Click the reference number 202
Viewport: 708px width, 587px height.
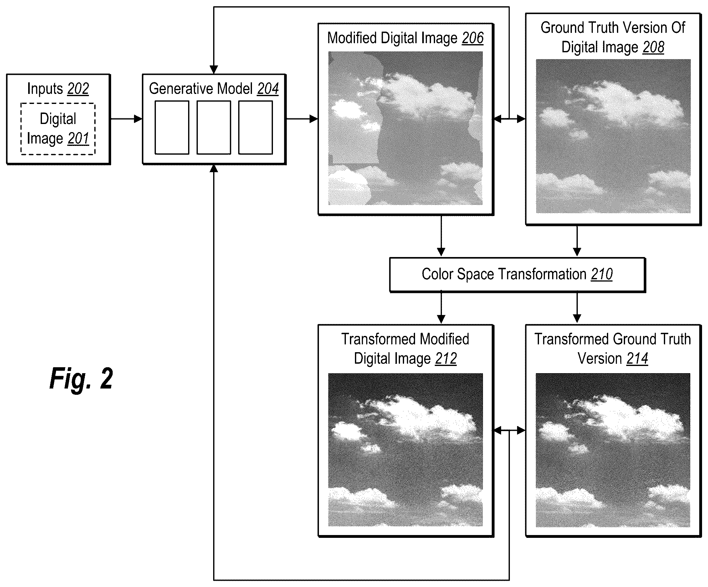pyautogui.click(x=78, y=89)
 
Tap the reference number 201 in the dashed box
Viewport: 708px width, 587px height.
pyautogui.click(x=78, y=139)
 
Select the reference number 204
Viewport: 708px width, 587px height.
pyautogui.click(x=268, y=89)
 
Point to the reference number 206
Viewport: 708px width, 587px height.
pyautogui.click(x=473, y=38)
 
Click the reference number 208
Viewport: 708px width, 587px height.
pyautogui.click(x=654, y=48)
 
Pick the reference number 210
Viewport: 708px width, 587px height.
pyautogui.click(x=602, y=274)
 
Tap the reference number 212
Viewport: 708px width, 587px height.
pyautogui.click(x=446, y=359)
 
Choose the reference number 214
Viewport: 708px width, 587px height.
pyautogui.click(x=637, y=359)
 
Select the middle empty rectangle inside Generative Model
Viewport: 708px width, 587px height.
pyautogui.click(x=214, y=127)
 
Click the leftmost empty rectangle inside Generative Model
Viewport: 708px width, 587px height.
pyautogui.click(x=172, y=127)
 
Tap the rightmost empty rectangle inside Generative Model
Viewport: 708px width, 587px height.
pyautogui.click(x=255, y=127)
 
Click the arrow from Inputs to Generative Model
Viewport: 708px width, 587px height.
pyautogui.click(x=126, y=119)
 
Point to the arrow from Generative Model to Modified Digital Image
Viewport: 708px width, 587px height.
pyautogui.click(x=302, y=119)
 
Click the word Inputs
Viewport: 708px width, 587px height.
pyautogui.click(x=45, y=89)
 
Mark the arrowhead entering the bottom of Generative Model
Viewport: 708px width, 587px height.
pyautogui.click(x=214, y=168)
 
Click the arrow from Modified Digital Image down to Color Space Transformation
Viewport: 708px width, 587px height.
pyautogui.click(x=441, y=236)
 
